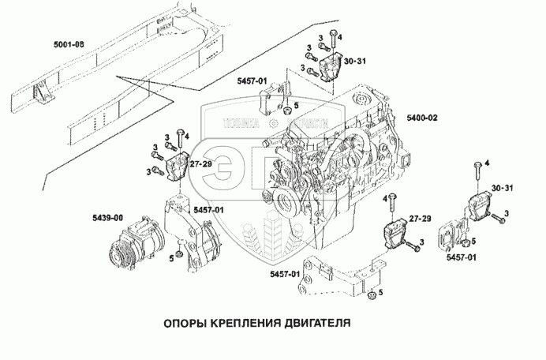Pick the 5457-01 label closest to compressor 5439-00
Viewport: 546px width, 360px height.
click(208, 209)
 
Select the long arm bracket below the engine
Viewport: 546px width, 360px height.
click(331, 276)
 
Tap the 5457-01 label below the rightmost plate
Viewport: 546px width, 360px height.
click(460, 257)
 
